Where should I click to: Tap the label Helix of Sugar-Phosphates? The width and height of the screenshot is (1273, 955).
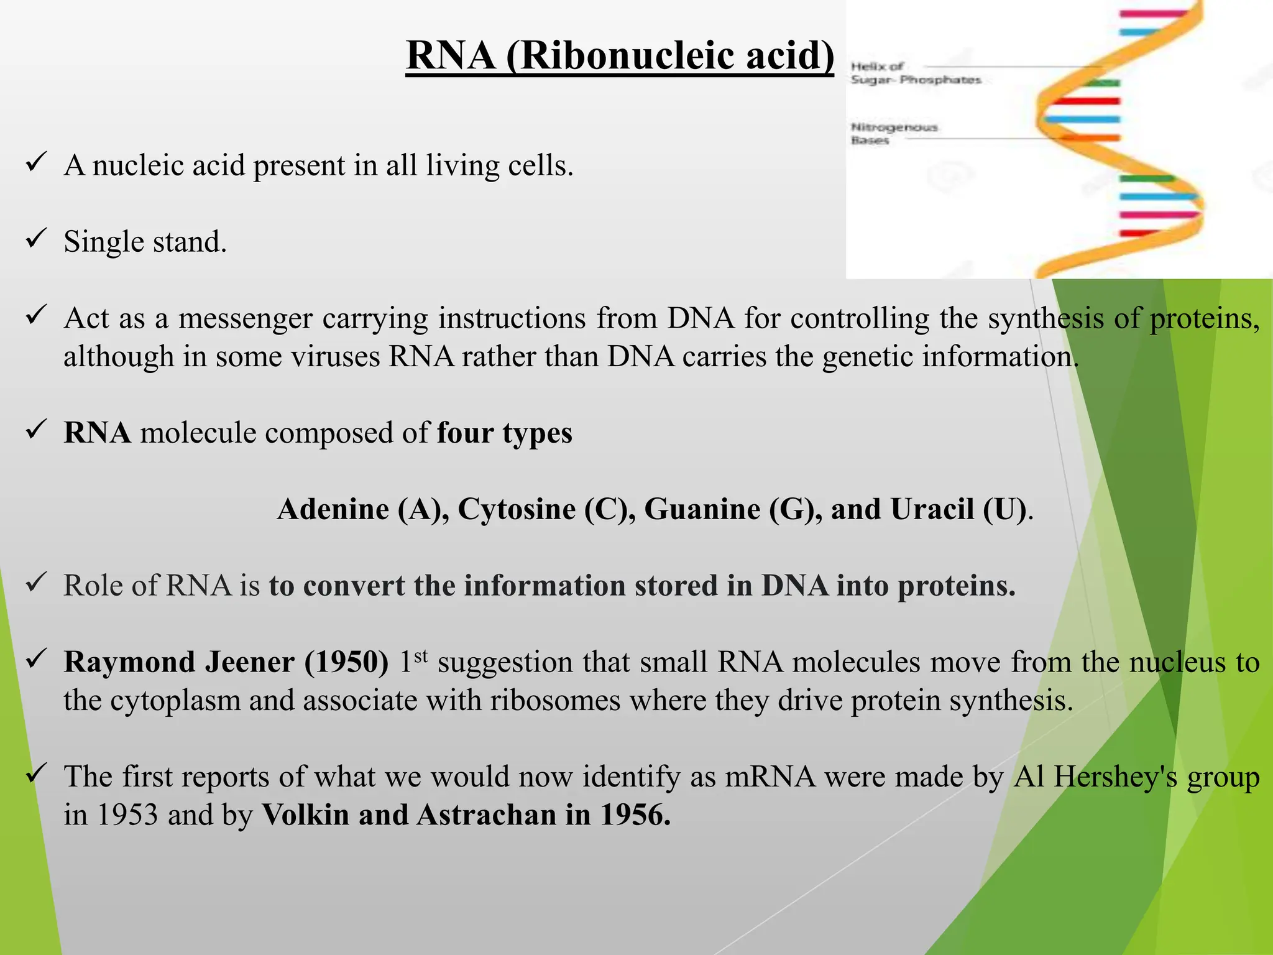pos(914,73)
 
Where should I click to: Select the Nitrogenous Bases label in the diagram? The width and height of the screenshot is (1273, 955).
pos(893,133)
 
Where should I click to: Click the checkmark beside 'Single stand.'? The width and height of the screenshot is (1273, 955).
pos(36,239)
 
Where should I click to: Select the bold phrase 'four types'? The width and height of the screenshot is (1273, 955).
pos(504,433)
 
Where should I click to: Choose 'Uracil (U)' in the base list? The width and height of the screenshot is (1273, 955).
pos(958,509)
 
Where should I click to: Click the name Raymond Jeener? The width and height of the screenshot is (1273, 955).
pos(179,662)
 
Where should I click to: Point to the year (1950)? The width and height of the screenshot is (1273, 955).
pos(346,662)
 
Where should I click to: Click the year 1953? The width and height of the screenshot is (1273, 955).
pos(127,815)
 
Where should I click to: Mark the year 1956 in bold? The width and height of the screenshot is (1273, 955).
pos(635,815)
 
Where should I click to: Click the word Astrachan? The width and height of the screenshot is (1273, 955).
pos(486,815)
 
